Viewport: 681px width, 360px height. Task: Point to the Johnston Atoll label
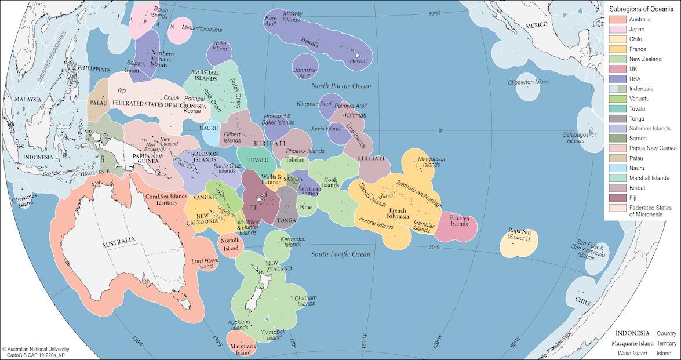pyautogui.click(x=306, y=72)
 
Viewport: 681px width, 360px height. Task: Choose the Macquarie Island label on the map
pyautogui.click(x=243, y=349)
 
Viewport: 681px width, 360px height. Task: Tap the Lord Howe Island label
pyautogui.click(x=206, y=263)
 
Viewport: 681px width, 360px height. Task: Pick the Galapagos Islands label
pyautogui.click(x=576, y=137)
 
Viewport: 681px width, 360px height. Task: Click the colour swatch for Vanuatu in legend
pyautogui.click(x=617, y=99)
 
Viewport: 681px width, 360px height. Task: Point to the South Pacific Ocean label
pyautogui.click(x=340, y=254)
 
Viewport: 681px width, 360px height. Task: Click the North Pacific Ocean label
pyautogui.click(x=340, y=86)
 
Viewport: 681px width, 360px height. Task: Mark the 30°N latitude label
pyautogui.click(x=434, y=13)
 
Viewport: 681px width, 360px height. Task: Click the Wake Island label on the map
pyautogui.click(x=219, y=45)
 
